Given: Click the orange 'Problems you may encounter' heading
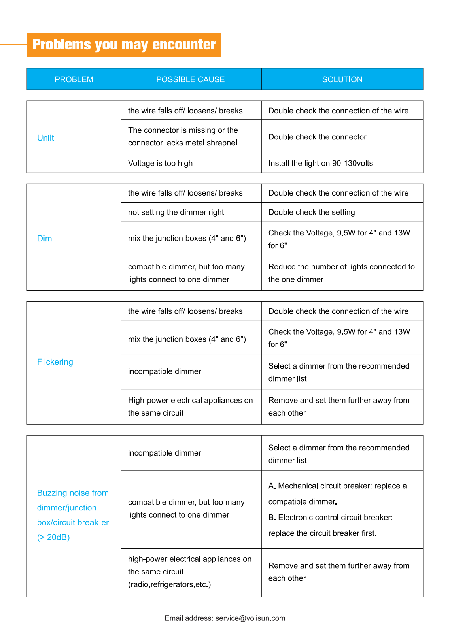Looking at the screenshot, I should coord(124,45).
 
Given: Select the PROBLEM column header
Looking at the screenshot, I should coord(74,79).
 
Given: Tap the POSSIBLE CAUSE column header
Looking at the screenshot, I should coord(191,79).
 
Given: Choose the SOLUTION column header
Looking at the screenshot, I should coord(342,79).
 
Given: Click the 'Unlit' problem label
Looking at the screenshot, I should coord(45,138).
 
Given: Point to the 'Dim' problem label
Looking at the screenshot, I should coord(45,239).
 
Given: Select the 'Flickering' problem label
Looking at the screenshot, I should coord(55,362).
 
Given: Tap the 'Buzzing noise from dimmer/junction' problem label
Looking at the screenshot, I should coord(73,500).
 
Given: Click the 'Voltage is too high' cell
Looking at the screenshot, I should coord(160,163).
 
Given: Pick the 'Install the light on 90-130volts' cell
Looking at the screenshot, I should coord(321,163).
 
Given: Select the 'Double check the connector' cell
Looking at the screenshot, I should coord(318,137).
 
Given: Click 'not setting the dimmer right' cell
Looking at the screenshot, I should coord(176,212).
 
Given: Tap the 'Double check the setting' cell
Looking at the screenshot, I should coord(312,212).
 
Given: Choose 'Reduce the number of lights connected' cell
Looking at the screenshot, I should coord(342,273).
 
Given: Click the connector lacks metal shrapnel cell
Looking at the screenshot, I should coord(183,137).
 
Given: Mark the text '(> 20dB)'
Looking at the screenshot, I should coord(53,537).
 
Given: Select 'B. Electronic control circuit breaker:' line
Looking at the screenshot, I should coord(331,518).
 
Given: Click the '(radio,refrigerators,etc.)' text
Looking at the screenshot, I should coord(169,584).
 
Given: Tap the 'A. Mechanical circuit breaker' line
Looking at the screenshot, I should coord(337,486).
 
